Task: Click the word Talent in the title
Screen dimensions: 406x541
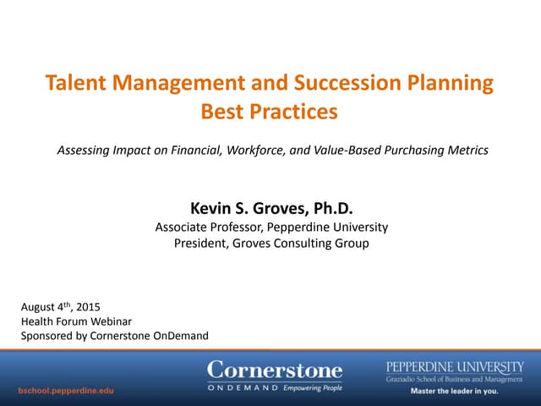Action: click(x=75, y=84)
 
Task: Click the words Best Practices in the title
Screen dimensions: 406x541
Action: click(x=269, y=111)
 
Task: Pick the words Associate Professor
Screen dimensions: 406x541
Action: click(x=201, y=227)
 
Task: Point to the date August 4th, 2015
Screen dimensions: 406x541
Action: click(x=57, y=306)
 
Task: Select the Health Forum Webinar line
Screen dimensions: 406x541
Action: click(x=76, y=321)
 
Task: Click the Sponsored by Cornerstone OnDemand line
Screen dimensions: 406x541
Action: click(x=114, y=337)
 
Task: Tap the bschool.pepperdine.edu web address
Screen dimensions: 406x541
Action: click(x=67, y=391)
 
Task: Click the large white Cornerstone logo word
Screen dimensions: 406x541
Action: click(x=275, y=370)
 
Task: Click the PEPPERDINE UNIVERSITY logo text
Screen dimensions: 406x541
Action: click(x=454, y=366)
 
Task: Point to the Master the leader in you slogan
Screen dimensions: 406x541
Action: click(x=454, y=392)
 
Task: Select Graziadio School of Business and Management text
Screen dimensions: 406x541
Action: click(x=454, y=379)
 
